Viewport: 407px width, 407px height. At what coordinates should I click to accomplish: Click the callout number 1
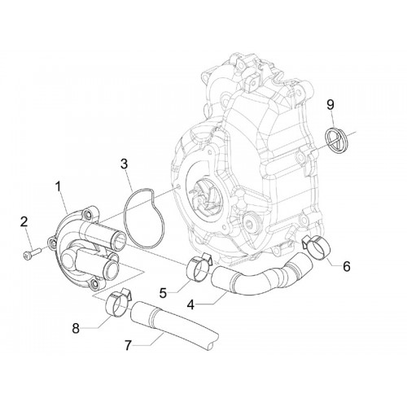(58, 187)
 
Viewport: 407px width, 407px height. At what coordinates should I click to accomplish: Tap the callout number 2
(24, 222)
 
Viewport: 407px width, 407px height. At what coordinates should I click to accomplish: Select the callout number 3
(124, 164)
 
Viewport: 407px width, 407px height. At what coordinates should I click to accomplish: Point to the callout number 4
(190, 304)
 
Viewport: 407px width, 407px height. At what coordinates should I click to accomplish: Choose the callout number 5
(163, 293)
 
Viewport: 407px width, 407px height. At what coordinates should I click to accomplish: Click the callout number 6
(347, 266)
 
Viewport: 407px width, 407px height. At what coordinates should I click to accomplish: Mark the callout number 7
(128, 345)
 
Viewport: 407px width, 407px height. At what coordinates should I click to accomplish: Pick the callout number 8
(76, 328)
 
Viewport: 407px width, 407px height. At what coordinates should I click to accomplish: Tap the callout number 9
(330, 105)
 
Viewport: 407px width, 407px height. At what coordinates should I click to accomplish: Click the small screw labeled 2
(32, 252)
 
